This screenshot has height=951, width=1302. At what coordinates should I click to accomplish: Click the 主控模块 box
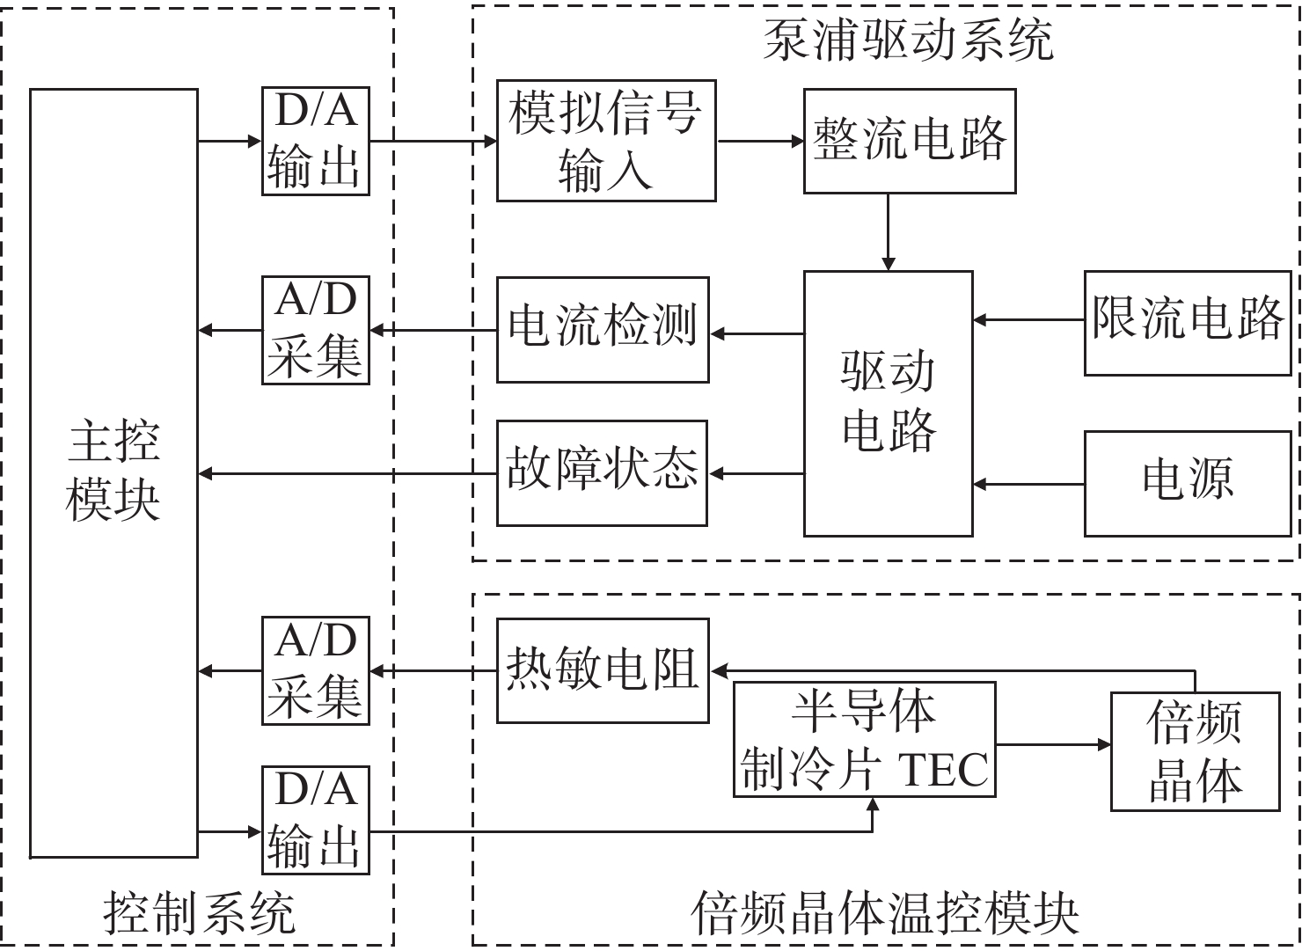point(113,472)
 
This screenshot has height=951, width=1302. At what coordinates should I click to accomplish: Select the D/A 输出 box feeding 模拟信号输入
point(315,141)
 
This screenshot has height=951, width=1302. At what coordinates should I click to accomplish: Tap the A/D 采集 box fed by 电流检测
point(315,330)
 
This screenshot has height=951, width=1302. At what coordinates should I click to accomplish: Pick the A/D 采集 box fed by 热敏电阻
point(315,670)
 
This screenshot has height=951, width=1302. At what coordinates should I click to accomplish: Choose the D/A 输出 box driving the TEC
point(315,820)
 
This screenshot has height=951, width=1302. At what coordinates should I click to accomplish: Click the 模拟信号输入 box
point(605,141)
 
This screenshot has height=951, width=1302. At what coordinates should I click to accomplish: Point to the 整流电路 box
point(909,141)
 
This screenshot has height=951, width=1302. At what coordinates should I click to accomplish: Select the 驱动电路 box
point(888,403)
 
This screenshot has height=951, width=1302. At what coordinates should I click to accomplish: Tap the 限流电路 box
point(1187,323)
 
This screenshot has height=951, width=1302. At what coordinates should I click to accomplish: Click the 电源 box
point(1187,483)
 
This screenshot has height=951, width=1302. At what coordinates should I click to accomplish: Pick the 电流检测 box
point(603,330)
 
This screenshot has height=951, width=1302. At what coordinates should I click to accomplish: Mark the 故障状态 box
point(602,473)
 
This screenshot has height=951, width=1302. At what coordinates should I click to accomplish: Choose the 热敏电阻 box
point(603,670)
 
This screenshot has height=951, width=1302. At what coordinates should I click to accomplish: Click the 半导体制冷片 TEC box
point(864,739)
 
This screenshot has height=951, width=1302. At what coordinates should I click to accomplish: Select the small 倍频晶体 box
point(1194,751)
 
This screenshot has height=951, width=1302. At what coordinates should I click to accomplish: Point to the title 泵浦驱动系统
point(907,40)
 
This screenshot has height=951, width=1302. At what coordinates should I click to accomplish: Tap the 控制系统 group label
point(199,912)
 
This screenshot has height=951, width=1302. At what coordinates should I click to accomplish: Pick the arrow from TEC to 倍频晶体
point(1053,745)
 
